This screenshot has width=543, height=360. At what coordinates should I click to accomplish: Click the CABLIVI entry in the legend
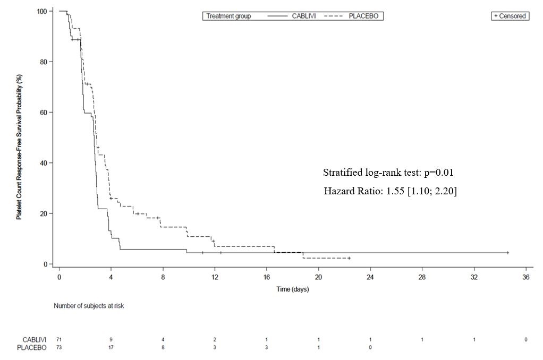coord(304,16)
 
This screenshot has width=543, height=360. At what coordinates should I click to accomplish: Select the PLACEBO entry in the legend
coord(363,16)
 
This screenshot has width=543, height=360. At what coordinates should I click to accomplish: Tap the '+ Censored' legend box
coord(510,16)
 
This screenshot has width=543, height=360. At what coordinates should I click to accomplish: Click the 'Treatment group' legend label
coord(228,16)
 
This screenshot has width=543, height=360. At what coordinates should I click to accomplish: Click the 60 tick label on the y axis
coord(47,113)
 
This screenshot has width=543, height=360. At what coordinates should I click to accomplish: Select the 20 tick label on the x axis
coord(318,277)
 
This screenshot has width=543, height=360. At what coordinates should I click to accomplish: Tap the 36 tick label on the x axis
coord(525,277)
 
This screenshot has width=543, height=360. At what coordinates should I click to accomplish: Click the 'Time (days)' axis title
coord(292,289)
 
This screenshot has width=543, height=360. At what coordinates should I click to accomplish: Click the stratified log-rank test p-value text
coord(388,173)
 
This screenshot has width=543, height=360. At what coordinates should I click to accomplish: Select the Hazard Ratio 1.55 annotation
coord(391,191)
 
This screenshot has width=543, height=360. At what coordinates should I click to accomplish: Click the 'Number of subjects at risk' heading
coord(89,306)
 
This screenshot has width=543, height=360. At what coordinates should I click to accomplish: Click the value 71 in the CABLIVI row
coord(59,339)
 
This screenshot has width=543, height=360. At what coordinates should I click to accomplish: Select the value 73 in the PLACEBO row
coord(59,348)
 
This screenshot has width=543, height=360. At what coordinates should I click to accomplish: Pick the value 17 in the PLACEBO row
coord(111,348)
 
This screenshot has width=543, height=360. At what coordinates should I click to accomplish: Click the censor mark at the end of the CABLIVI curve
coord(507,253)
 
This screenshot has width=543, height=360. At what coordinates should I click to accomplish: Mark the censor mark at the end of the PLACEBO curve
coord(349,258)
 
